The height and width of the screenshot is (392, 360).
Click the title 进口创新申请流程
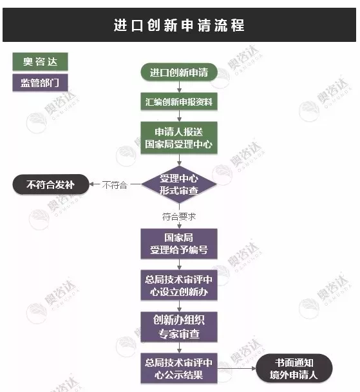point(179,25)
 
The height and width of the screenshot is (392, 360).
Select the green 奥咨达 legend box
point(40,61)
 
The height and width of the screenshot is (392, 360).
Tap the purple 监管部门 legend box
point(40,83)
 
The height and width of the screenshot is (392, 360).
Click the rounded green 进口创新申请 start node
point(179,72)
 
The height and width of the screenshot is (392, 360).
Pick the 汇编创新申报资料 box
point(179,102)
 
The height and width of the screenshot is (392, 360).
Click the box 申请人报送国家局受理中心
point(179,138)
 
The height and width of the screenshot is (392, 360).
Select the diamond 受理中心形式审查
point(179,184)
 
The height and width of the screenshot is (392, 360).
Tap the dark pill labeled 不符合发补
point(51,184)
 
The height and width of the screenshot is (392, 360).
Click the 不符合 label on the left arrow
point(115,185)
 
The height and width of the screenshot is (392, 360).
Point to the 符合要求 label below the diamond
point(179,217)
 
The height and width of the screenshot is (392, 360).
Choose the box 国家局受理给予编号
point(179,244)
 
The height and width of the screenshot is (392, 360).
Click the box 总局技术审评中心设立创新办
point(179,285)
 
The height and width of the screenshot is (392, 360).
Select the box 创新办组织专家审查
point(179,327)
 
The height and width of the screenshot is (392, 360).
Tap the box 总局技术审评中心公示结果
point(179,368)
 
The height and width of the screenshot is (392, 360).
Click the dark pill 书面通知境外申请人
point(294,368)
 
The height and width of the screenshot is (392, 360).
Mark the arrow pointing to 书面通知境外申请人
point(236,368)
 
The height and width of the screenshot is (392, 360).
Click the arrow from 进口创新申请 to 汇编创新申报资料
point(179,87)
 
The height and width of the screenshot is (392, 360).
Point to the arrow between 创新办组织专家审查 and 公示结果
point(179,348)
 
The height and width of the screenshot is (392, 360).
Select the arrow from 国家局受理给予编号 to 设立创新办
point(179,264)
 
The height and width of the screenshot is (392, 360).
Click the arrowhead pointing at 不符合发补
point(91,184)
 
